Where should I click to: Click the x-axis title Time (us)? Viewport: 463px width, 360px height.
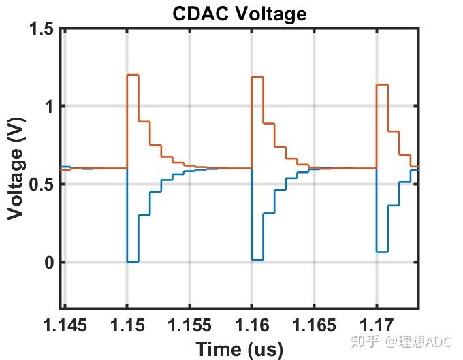[239, 349]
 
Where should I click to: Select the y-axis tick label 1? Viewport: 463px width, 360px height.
[48, 106]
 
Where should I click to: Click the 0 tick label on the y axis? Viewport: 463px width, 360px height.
[48, 263]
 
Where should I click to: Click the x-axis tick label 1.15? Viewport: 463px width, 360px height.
[127, 325]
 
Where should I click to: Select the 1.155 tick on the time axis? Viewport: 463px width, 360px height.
[189, 325]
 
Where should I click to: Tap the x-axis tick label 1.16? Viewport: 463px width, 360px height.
[251, 325]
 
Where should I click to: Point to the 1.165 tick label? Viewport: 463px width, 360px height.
[314, 325]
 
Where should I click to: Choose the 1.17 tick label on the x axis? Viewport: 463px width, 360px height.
[377, 325]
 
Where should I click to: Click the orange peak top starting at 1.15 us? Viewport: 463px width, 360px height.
[133, 75]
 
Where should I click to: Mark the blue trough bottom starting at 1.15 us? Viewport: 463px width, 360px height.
[133, 261]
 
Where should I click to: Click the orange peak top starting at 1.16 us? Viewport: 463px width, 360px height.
[257, 77]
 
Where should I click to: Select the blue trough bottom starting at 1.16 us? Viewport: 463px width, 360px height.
[257, 259]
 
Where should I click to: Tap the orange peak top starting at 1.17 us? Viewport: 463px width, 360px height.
[382, 85]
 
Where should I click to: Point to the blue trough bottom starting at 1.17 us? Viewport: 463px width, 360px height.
[382, 252]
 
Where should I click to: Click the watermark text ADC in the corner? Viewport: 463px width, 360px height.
[438, 341]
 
